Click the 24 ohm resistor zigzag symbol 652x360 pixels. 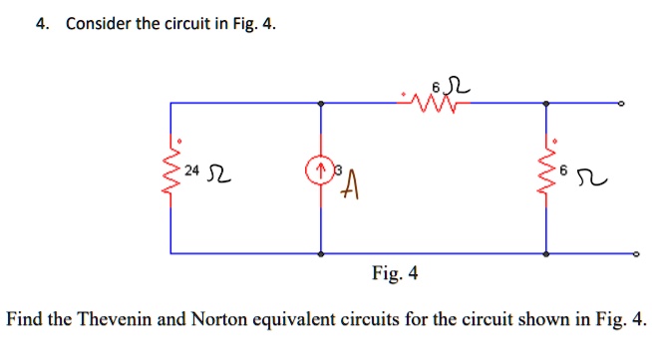pos(170,177)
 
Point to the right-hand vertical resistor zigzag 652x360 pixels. pos(545,177)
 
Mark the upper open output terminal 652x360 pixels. pos(621,103)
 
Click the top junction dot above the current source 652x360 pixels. pos(320,103)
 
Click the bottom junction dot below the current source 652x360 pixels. pos(320,254)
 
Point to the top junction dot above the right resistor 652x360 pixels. pos(545,103)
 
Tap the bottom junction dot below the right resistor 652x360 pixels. pos(545,254)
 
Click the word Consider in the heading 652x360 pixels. pos(100,24)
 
